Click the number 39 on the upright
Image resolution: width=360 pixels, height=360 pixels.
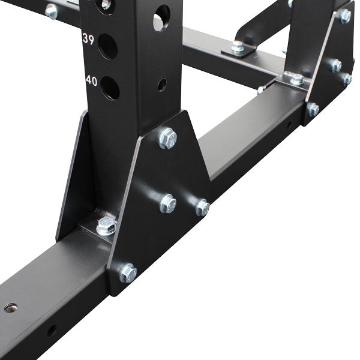88,39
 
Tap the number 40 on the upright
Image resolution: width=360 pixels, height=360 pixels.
91,80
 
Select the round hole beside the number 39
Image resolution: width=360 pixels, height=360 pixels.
107,46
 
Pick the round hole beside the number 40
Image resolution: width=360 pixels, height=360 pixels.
110,88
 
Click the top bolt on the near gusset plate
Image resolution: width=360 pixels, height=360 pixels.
167,139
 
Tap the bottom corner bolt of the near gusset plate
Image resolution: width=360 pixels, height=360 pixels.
127,272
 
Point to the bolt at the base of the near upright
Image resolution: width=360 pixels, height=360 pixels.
106,226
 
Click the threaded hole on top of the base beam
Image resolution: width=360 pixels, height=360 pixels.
10,308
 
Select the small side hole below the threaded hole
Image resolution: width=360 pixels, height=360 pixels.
52,330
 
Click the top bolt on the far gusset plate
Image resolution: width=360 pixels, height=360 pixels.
344,16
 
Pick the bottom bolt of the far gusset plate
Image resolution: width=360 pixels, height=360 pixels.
313,109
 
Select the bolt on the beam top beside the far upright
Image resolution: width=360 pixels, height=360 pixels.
296,79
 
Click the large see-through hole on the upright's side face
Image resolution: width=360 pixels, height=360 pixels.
161,18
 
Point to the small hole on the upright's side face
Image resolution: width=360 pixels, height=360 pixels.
161,85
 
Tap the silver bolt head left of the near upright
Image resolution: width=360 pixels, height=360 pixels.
51,10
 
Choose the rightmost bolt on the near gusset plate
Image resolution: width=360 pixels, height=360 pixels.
202,208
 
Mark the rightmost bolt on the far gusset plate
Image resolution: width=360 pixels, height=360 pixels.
347,79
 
